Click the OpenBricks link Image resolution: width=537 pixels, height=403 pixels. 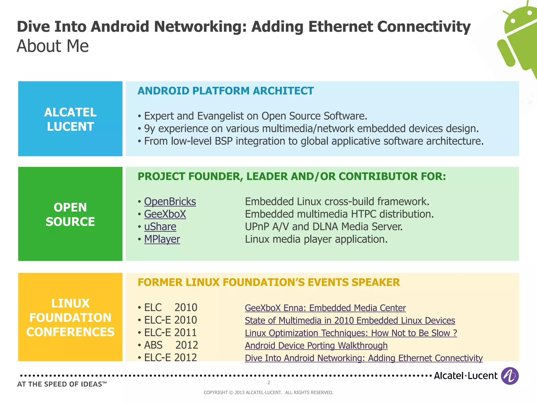click(170, 202)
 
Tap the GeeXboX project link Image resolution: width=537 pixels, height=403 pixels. click(165, 214)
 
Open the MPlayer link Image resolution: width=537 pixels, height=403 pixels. click(162, 239)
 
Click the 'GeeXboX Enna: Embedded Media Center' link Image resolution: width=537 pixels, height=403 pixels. click(325, 308)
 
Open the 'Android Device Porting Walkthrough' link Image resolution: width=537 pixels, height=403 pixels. click(316, 346)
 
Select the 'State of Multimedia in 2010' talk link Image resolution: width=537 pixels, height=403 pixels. click(350, 321)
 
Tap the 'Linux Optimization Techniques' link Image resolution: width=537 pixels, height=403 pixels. click(351, 333)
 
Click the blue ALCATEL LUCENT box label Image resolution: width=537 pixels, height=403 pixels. click(70, 119)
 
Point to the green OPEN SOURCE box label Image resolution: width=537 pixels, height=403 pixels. click(70, 214)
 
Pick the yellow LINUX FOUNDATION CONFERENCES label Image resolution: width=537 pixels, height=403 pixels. click(70, 317)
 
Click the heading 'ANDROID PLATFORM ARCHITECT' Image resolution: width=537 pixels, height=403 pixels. click(225, 91)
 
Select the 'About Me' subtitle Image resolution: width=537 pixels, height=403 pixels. click(53, 46)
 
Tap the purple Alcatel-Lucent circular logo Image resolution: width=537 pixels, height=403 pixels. click(509, 376)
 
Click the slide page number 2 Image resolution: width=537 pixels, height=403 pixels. click(268, 383)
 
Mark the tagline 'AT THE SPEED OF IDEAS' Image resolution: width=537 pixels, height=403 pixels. click(62, 384)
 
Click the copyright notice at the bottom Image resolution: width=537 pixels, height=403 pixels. click(268, 393)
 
